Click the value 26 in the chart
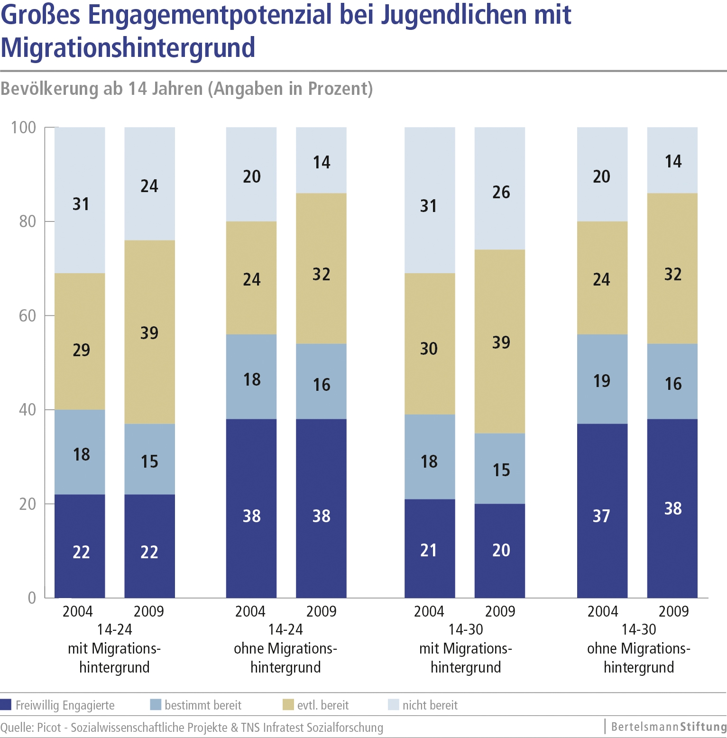coord(501,192)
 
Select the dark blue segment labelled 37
coord(602,510)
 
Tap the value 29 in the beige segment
coord(81,350)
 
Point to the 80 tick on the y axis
coord(28,221)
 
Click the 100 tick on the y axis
coord(24,128)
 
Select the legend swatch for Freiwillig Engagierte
coord(6,705)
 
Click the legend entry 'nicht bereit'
coord(430,705)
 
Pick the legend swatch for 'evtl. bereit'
coord(288,705)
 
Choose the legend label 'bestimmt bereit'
coord(203,705)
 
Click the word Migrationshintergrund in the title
coord(128,47)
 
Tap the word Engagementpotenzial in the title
coord(209,14)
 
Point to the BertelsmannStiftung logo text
coord(668,727)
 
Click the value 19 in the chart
coord(602,381)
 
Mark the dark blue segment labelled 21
coord(429,548)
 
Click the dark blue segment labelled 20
coord(501,551)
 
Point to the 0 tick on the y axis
coord(32,598)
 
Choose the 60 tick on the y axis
coord(28,316)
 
